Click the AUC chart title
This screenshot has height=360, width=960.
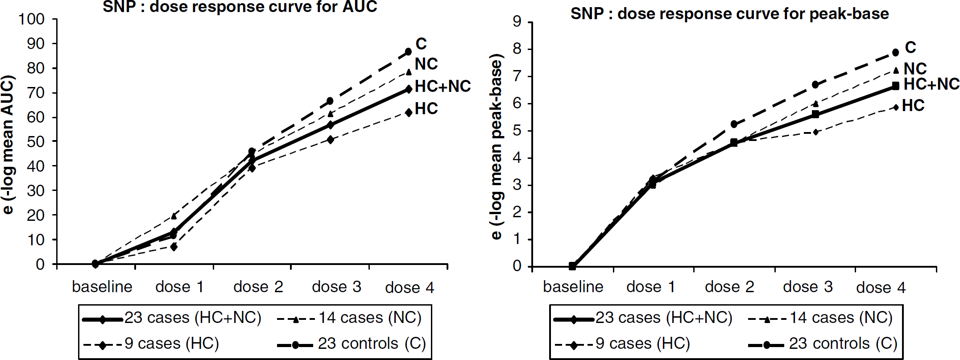(240, 7)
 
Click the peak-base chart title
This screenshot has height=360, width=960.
(729, 14)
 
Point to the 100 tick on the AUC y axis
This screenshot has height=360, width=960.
(32, 19)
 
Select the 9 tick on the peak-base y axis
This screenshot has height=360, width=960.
(517, 21)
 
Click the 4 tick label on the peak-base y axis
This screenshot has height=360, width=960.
(517, 158)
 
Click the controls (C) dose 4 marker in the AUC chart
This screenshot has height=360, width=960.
(408, 52)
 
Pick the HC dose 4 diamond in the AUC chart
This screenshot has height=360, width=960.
(409, 112)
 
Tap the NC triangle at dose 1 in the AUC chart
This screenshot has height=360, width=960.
(174, 216)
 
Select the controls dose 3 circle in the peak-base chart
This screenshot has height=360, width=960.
(815, 85)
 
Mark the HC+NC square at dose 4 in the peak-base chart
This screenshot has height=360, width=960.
(895, 86)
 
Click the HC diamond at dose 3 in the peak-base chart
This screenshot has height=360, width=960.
(816, 132)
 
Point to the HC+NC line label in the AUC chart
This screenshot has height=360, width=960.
(443, 86)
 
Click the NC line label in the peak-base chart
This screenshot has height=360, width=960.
(915, 69)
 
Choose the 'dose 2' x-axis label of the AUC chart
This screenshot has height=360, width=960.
(258, 287)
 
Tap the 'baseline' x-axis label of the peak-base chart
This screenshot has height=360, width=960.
(573, 287)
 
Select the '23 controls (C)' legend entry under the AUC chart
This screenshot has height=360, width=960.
(352, 344)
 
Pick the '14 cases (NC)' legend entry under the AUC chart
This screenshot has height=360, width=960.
(349, 318)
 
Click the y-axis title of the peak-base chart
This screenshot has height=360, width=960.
(497, 146)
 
